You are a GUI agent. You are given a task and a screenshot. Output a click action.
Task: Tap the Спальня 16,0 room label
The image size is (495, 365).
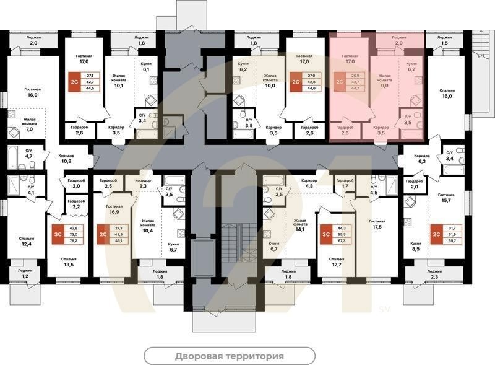point(447,92)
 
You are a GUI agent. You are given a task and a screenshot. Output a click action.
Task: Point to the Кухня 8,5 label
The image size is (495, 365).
point(416,248)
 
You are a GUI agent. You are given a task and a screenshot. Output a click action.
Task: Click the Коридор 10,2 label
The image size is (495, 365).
point(66,158)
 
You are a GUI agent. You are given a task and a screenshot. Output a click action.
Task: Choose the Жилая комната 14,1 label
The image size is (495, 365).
point(300,224)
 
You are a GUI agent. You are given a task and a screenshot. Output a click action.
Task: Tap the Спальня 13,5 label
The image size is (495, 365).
point(69,262)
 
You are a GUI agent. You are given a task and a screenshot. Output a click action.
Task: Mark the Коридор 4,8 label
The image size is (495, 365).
point(309,183)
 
